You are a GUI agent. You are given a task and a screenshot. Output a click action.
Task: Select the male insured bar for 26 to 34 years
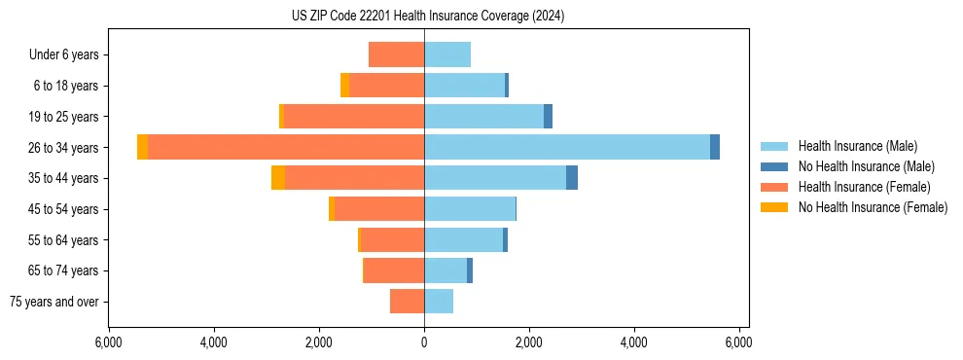click(x=567, y=147)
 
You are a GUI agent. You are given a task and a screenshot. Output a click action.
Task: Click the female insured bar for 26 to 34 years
click(x=286, y=147)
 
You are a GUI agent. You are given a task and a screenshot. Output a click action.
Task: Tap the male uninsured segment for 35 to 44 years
click(x=572, y=178)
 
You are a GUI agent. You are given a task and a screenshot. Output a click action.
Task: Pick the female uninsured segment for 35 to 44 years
click(x=278, y=178)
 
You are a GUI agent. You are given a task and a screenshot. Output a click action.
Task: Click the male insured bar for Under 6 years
click(x=447, y=54)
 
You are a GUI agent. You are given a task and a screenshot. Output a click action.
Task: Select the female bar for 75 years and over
click(x=407, y=302)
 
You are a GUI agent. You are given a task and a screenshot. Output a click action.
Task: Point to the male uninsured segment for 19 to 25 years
click(x=548, y=117)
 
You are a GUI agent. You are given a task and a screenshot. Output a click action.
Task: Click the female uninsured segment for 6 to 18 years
click(x=345, y=86)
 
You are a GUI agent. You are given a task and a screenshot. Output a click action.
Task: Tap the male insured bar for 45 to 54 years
click(x=470, y=209)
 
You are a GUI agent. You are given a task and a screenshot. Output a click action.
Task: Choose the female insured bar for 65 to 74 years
click(x=394, y=270)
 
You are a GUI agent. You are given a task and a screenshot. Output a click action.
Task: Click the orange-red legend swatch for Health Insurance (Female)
click(x=774, y=187)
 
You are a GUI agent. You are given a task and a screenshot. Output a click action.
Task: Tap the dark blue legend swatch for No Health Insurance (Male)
click(x=774, y=166)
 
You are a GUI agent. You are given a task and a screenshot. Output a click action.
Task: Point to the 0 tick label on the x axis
click(x=424, y=342)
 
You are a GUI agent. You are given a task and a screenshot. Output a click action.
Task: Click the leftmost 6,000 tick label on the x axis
click(x=109, y=342)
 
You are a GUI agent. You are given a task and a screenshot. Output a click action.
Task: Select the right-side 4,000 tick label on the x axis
click(x=633, y=342)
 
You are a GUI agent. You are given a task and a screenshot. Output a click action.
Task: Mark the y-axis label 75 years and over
click(x=54, y=302)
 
